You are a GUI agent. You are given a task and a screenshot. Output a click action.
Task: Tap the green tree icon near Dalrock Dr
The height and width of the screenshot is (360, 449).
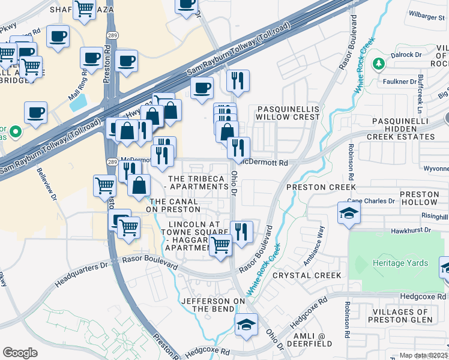click(x=378, y=64)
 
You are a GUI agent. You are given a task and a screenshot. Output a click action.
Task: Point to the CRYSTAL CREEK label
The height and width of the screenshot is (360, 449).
click(x=307, y=275)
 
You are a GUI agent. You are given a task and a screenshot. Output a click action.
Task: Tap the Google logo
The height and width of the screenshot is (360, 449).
click(x=20, y=352)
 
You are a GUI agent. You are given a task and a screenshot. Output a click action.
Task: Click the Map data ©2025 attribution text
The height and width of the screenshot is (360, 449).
click(x=424, y=355)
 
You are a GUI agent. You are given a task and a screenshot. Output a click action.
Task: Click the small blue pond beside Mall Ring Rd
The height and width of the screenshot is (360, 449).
click(x=77, y=102)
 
